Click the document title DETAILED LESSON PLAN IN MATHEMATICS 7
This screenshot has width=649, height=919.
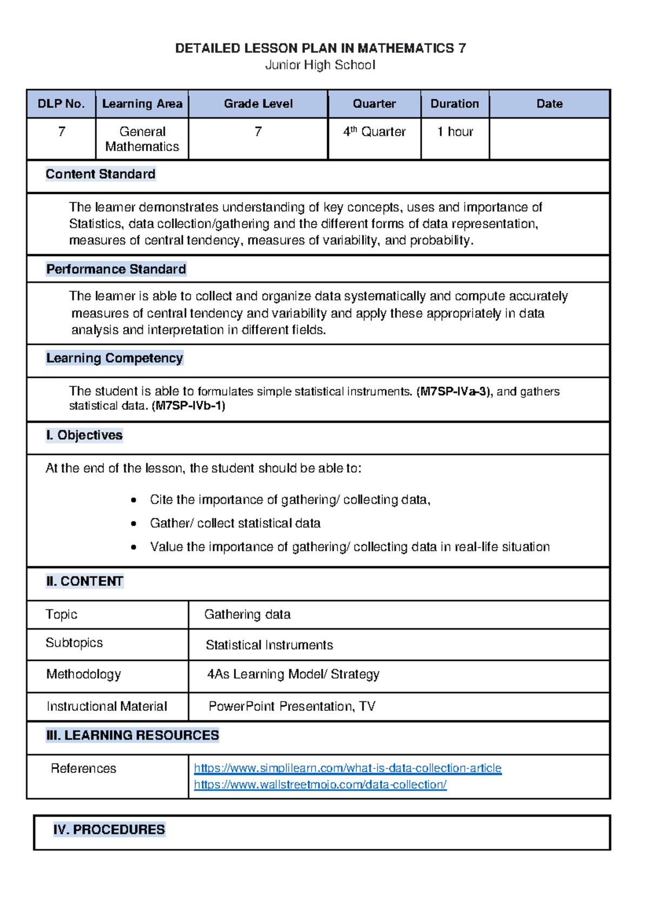click(x=320, y=49)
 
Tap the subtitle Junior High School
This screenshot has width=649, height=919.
click(x=320, y=65)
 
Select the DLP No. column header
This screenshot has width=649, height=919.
click(x=61, y=104)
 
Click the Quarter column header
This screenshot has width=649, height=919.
click(x=374, y=104)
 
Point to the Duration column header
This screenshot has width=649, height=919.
click(x=454, y=104)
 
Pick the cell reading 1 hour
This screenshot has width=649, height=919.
click(x=455, y=132)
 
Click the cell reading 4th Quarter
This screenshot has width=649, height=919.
click(x=374, y=132)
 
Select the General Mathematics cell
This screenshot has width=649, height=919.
click(x=142, y=139)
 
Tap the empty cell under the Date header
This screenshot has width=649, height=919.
click(x=549, y=139)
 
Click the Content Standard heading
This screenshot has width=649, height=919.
click(x=101, y=174)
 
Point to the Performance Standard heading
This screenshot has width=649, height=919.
click(x=116, y=270)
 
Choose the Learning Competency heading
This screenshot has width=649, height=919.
click(x=114, y=358)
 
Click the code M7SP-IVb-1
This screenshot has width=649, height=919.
click(x=189, y=406)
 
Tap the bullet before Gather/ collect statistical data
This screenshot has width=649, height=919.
click(x=134, y=524)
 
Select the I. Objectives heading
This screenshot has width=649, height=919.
click(x=84, y=436)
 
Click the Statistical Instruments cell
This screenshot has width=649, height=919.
click(x=269, y=645)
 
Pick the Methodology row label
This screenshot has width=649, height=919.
click(x=84, y=674)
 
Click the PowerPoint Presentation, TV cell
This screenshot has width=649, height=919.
click(x=292, y=706)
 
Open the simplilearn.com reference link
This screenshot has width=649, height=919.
click(x=347, y=769)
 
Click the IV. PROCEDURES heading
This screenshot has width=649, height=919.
click(x=109, y=830)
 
